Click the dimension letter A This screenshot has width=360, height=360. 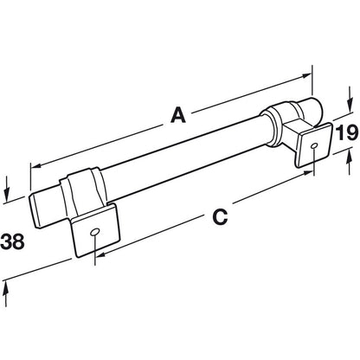pos(178,114)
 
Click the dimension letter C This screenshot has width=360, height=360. pos(220,216)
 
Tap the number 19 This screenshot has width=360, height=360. pos(347,133)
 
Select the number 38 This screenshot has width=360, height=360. pos(12,241)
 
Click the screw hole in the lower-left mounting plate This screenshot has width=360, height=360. pos(94,232)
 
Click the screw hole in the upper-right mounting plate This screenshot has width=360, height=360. pos(314,146)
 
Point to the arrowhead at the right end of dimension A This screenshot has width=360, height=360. pos(306,75)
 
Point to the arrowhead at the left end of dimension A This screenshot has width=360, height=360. pos(35,166)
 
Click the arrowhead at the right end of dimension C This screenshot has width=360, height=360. pos(307,173)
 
